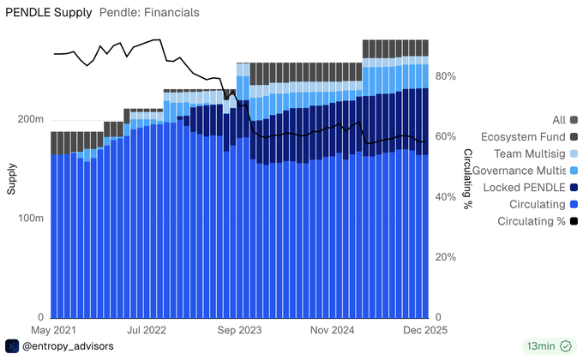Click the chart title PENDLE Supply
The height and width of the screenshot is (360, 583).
coord(48,13)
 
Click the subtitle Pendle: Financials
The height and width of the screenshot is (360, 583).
coord(149,13)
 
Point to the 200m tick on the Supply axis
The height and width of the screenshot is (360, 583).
coord(33,119)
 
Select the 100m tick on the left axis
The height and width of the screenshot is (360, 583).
coord(33,218)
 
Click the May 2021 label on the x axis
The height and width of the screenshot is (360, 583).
coord(53,329)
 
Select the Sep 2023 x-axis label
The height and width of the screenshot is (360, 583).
coord(238,329)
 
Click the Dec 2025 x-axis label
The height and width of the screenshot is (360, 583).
coord(423,329)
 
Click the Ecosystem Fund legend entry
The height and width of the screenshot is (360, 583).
coord(523,136)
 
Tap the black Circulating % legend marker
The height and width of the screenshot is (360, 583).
coord(573,221)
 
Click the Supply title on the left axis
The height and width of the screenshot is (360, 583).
coord(12,178)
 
